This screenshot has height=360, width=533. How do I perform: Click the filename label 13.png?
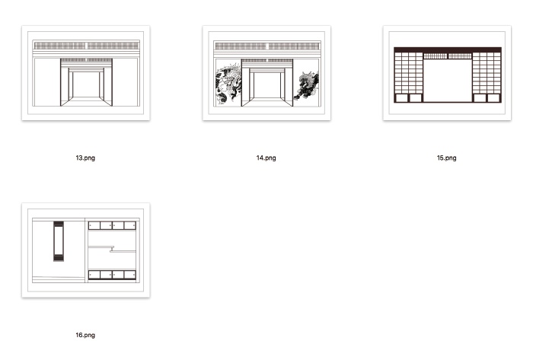pos(85,158)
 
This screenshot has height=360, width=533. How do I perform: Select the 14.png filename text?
pos(266,158)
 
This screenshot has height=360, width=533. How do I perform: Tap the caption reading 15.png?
pos(447,158)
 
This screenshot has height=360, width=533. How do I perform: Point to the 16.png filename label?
pos(85,335)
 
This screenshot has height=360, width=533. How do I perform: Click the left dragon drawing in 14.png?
pos(228,83)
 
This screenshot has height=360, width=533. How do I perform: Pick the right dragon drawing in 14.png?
pos(307,85)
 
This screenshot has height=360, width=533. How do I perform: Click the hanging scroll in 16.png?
pos(59,241)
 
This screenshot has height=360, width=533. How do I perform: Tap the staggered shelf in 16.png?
pos(112,250)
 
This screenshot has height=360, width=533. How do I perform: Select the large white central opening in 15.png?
pos(448,81)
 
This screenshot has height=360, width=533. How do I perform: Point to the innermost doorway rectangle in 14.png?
pos(267,84)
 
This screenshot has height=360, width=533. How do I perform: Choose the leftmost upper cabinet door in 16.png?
pos(94,225)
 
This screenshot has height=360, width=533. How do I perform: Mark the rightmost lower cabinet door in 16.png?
pos(130,275)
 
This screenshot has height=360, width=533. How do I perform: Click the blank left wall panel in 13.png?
pos(47,82)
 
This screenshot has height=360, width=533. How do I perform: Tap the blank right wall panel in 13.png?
pos(125,82)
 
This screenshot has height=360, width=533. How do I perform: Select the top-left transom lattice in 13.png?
pos(60,46)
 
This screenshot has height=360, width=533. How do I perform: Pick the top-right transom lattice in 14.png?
pos(294,46)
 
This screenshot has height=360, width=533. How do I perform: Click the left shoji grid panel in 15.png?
pos(409,72)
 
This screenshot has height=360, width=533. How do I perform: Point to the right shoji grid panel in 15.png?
pos(487,72)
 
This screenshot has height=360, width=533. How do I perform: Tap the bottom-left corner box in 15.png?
pos(401,98)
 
